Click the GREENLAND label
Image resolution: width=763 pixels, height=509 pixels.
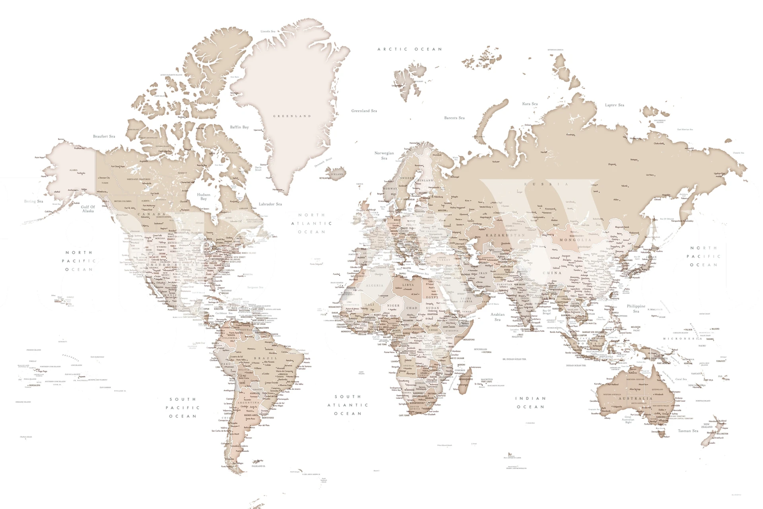pos(292,116)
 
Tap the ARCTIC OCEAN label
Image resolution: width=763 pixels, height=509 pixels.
pos(410,49)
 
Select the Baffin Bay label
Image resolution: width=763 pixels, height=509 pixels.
pos(239,127)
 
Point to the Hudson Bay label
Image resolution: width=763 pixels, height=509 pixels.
pos(204,197)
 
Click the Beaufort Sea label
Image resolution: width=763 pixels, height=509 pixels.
pos(104,136)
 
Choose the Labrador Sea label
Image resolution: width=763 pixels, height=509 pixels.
pos(270,204)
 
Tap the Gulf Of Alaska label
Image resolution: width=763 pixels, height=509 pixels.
pos(88,209)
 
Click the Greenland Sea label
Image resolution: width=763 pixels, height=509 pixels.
pos(364,111)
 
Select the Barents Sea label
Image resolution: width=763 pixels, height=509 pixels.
pos(454,118)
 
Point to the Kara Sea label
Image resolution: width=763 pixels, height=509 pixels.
pos(530,104)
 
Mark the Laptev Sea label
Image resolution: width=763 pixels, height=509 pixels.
pos(614,105)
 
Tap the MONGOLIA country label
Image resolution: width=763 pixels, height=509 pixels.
pos(575,240)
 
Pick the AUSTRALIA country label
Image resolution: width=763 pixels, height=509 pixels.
pos(635,398)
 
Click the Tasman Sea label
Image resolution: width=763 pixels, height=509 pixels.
pos(688,431)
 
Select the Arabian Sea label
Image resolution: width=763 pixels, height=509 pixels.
pos(497,317)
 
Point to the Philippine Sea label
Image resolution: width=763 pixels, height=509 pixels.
pos(636,309)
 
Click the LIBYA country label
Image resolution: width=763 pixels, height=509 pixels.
pos(408,285)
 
